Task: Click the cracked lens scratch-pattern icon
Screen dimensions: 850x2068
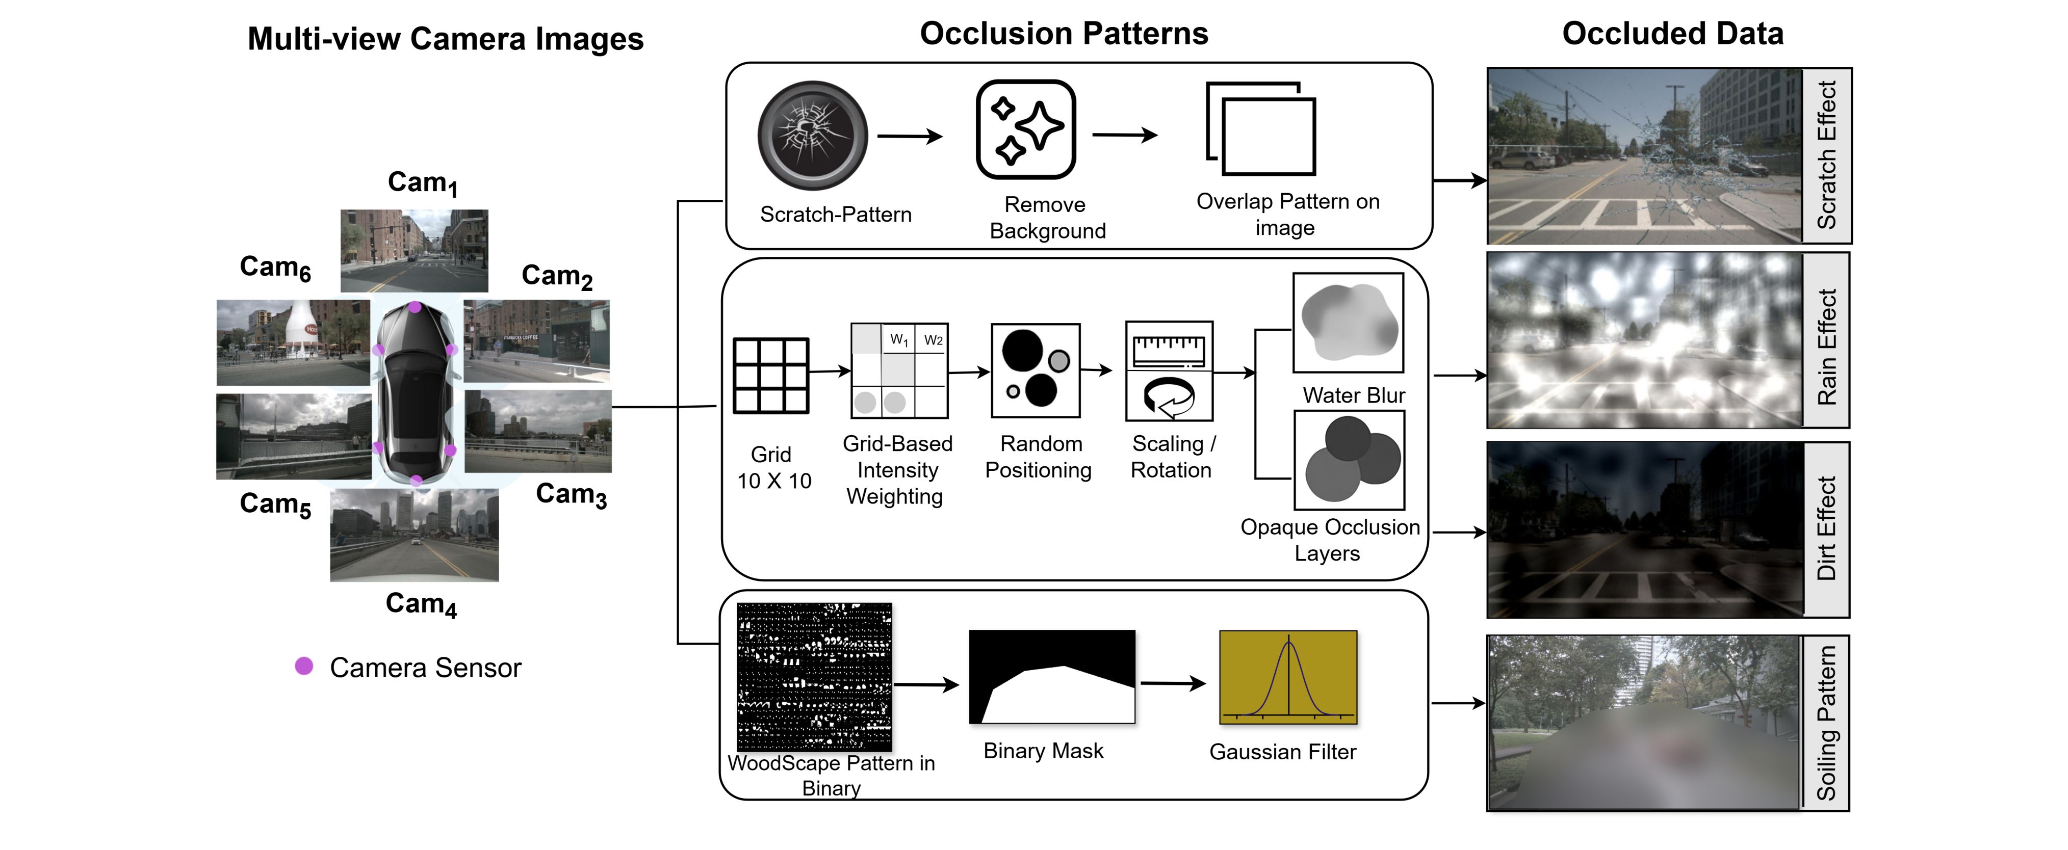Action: tap(812, 135)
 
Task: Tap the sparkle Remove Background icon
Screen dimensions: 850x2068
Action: tap(1025, 129)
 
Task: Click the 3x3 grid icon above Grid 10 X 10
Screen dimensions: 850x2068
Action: tap(771, 376)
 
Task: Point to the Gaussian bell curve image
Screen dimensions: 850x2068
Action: tap(1288, 677)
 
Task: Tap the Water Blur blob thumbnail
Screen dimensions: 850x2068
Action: tap(1348, 323)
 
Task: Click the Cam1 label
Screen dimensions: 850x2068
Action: tap(422, 183)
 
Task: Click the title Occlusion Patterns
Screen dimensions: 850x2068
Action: tap(1064, 34)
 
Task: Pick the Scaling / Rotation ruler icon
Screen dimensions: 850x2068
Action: tap(1169, 371)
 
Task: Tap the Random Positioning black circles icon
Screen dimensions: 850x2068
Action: tap(1036, 371)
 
